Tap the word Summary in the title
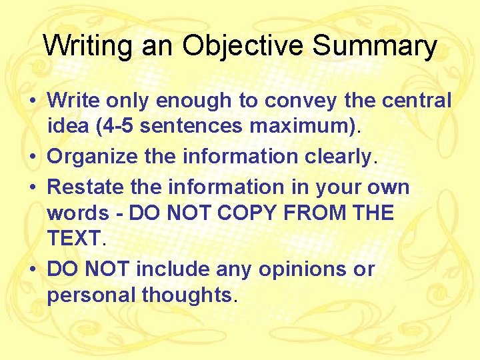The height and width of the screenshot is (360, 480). coord(375,46)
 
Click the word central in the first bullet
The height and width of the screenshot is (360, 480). coord(417,101)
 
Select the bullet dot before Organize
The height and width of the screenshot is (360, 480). coord(32,157)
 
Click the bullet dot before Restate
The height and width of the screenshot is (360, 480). coord(32,188)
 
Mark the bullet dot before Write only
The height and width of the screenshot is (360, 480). coord(32,101)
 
